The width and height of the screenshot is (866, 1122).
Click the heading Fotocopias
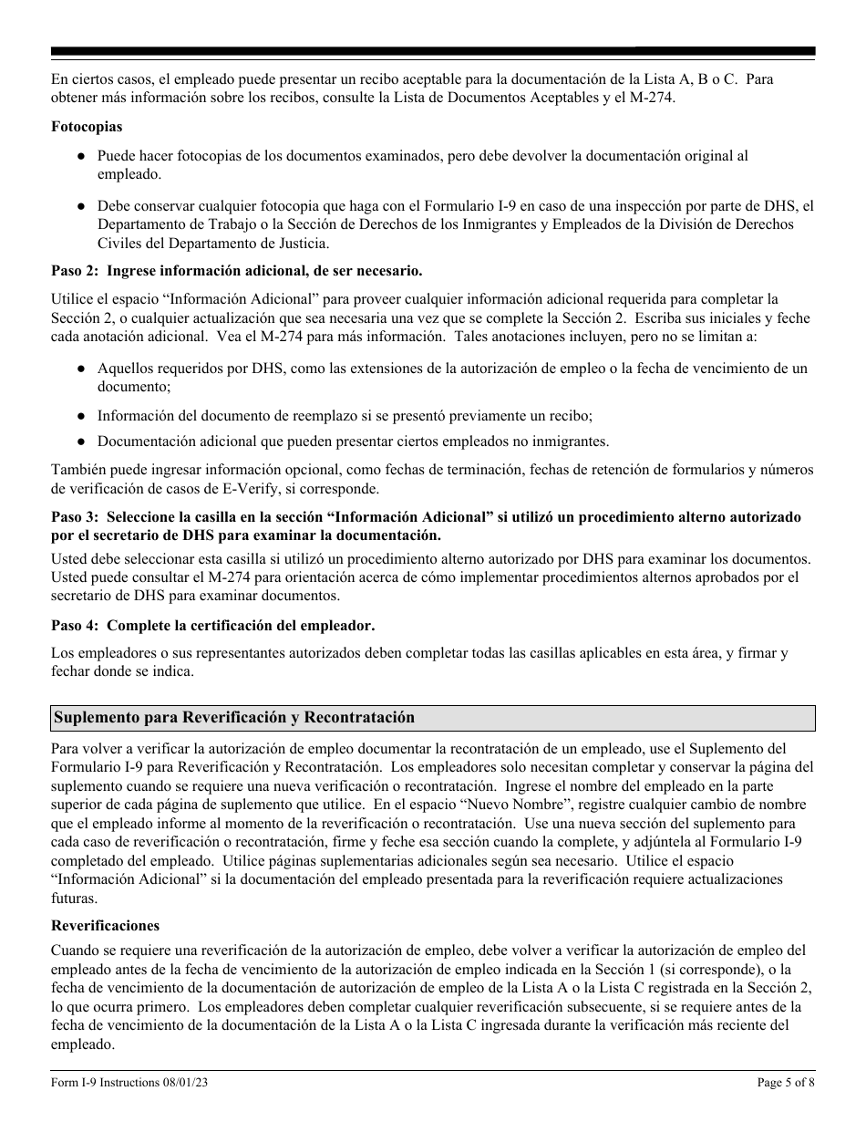pos(87,127)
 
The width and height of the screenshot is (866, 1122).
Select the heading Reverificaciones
pos(105,925)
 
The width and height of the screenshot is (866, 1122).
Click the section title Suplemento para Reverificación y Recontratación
pos(234,718)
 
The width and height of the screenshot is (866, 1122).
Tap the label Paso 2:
pos(76,271)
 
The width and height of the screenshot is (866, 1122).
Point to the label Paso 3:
pos(76,517)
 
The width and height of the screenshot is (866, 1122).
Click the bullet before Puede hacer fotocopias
pos(81,157)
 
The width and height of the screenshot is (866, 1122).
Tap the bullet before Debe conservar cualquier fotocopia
pos(81,206)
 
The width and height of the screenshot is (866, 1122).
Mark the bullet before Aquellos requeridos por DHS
pos(81,369)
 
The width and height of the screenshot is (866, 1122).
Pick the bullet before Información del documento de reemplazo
pos(81,416)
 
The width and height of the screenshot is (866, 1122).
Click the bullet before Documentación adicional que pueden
pos(81,442)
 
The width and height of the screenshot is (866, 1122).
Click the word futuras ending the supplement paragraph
pos(75,899)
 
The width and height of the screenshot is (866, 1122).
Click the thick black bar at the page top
pos(433,52)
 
